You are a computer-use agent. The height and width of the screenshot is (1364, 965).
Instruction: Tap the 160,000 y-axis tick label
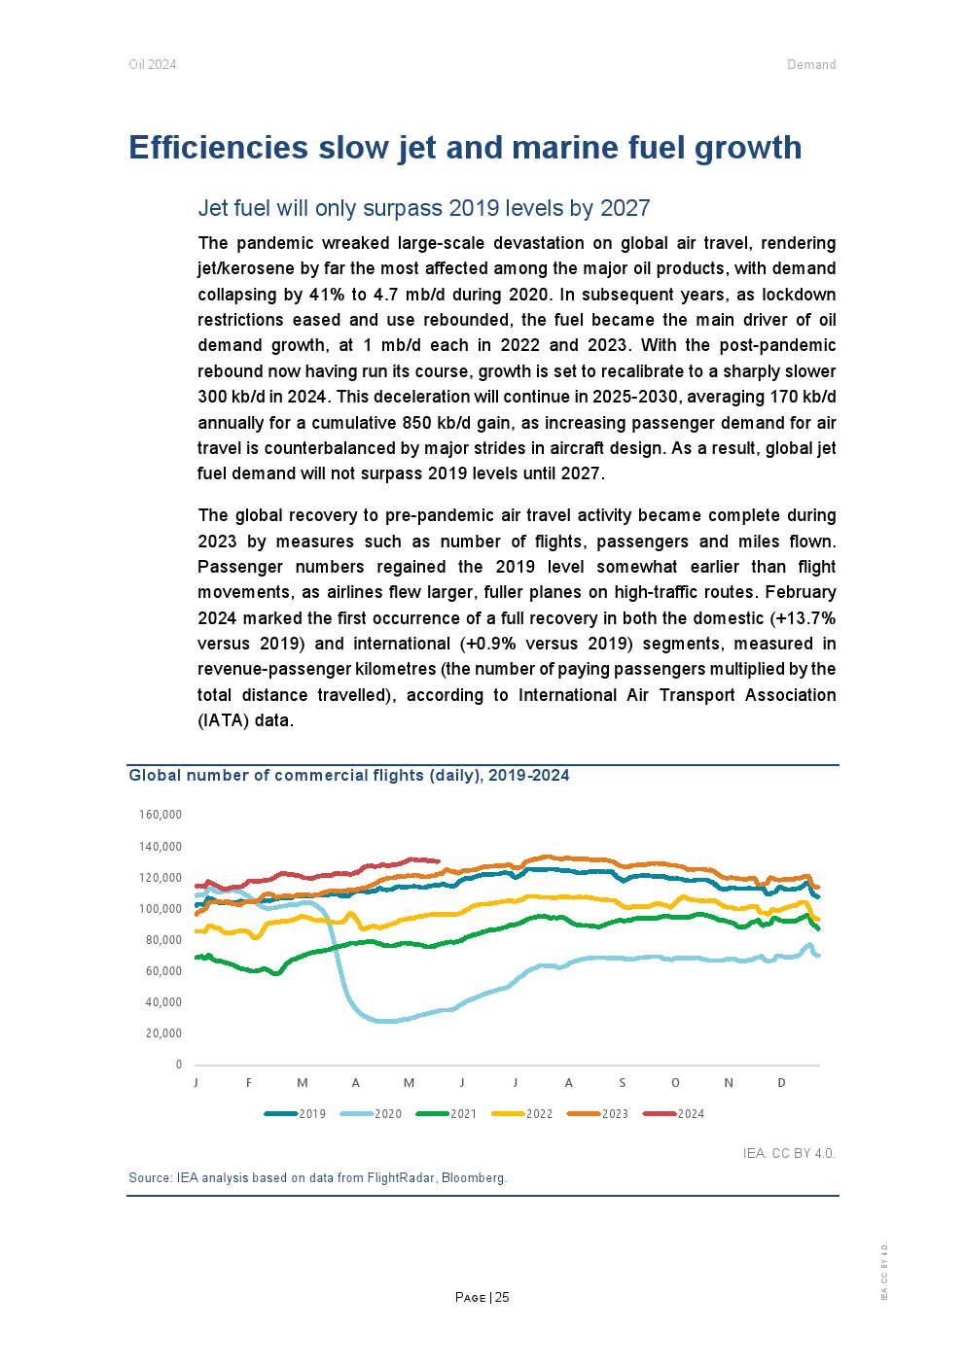[161, 815]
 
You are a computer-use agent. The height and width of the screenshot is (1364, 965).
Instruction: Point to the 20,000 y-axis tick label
[163, 1033]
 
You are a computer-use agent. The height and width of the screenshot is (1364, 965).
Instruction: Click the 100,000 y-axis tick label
[161, 909]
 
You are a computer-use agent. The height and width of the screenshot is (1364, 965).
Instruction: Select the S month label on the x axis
[623, 1083]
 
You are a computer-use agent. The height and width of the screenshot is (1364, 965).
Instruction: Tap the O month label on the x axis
[675, 1083]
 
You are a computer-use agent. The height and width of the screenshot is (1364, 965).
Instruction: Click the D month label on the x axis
[781, 1083]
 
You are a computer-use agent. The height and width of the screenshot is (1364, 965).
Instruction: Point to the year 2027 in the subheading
[625, 208]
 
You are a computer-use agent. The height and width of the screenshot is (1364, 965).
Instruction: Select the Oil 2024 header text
[153, 65]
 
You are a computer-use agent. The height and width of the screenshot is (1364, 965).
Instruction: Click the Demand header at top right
[811, 65]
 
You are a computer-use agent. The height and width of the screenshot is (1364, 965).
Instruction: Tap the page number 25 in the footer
[502, 1298]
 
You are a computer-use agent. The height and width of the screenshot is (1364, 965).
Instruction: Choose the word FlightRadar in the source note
[401, 1178]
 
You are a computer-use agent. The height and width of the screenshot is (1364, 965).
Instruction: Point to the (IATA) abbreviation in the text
[224, 720]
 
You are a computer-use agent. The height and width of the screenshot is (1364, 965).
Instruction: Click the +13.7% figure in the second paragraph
[803, 618]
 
